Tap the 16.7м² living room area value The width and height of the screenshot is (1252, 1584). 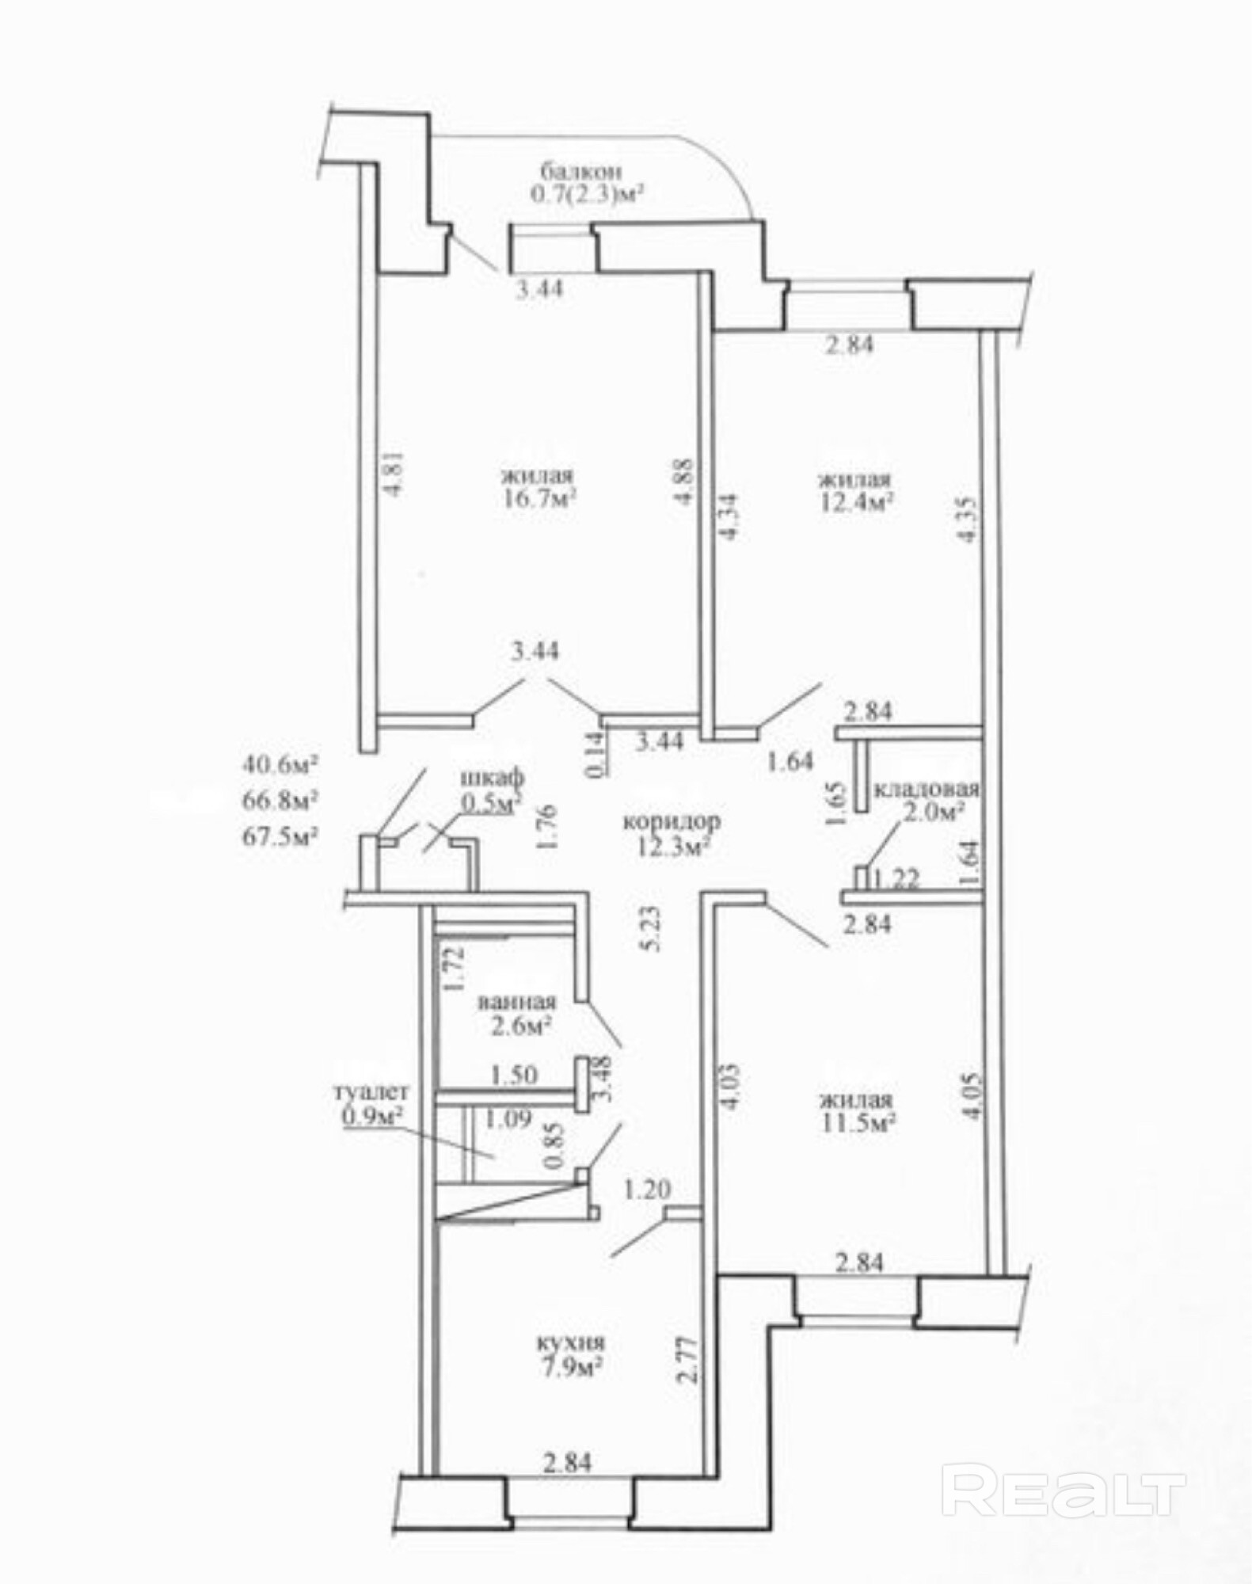click(x=538, y=500)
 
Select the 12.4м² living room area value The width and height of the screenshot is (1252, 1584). click(x=856, y=502)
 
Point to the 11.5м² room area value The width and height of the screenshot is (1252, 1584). click(x=857, y=1123)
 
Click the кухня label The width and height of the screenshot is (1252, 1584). click(x=570, y=1343)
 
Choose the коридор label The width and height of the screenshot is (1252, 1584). click(x=672, y=821)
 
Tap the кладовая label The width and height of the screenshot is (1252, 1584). click(x=927, y=790)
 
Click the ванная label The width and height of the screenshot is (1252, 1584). click(x=516, y=1003)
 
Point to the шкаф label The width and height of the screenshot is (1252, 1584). click(x=492, y=779)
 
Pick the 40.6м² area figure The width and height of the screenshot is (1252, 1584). click(x=280, y=765)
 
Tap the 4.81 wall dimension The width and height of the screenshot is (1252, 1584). click(x=394, y=474)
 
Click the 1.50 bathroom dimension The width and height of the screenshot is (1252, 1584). click(x=514, y=1075)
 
